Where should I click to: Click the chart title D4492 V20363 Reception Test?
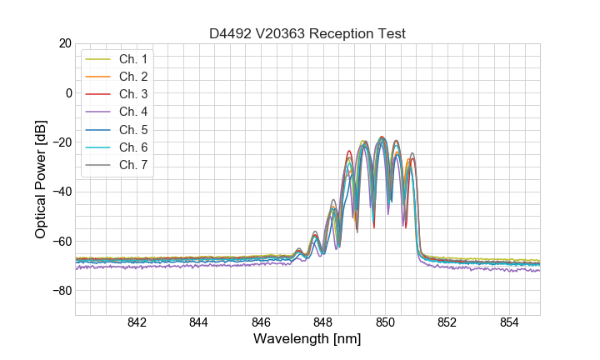[x=307, y=34]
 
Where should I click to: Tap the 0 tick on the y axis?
[x=69, y=92]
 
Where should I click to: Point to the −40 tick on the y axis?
[x=62, y=192]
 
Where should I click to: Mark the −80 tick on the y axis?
[x=62, y=291]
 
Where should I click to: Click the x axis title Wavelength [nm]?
[x=307, y=340]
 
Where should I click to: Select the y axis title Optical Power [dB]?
[x=40, y=179]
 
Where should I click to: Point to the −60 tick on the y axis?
[x=62, y=242]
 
